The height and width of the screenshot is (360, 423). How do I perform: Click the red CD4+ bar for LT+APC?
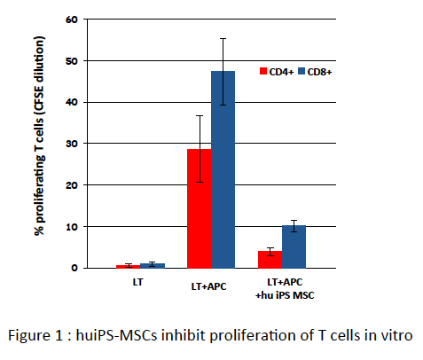pos(200,208)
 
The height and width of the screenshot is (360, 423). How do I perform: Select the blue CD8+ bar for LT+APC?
pos(223,169)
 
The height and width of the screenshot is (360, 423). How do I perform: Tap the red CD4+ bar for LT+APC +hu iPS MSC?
pos(270,260)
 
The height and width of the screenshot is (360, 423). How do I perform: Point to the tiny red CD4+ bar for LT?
pos(129,266)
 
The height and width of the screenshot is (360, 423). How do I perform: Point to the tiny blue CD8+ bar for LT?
pos(153,265)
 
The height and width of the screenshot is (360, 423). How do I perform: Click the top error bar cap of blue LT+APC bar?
pos(223,39)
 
